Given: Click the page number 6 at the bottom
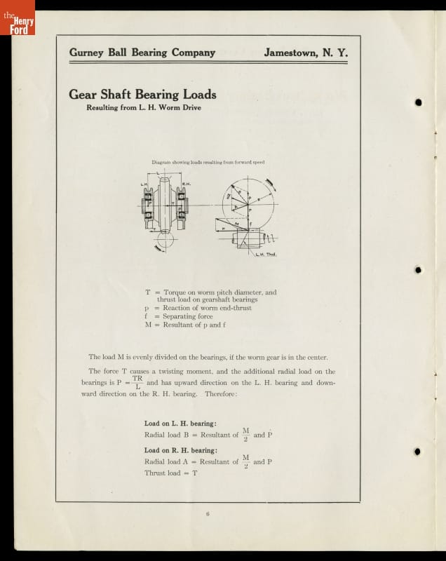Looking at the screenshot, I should click(208, 514).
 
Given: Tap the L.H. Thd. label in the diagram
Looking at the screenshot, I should click(266, 254).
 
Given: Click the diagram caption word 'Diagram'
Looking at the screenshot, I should click(163, 162).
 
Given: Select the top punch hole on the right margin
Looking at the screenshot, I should click(419, 102).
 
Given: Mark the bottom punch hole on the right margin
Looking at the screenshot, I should click(419, 452).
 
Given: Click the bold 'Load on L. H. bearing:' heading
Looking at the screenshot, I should click(180, 424).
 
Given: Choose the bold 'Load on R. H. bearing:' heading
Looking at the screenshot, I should click(180, 450).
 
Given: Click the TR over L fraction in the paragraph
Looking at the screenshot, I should click(137, 382).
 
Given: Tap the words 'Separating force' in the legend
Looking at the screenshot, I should click(187, 316).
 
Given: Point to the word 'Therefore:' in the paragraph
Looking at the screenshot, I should click(222, 394).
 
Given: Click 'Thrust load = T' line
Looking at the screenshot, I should click(171, 473).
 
